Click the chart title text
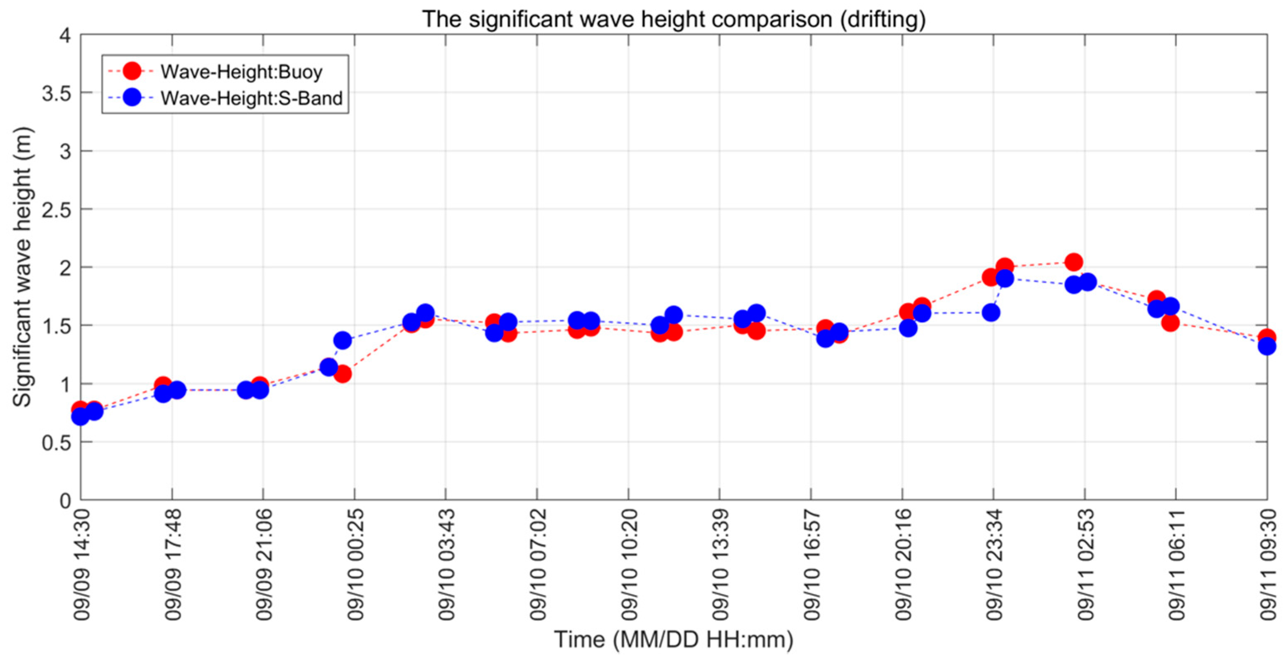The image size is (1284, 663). pos(674,19)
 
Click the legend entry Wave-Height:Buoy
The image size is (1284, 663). pos(241,72)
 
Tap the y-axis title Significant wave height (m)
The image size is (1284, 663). pos(23,267)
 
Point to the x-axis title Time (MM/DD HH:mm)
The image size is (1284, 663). pos(674,639)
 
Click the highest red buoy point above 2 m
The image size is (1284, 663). pos(1073,262)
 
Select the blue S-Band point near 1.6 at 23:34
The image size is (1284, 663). pos(991,313)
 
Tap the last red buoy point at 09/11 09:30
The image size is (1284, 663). pos(1267,338)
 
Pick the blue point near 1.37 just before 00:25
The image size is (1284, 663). pos(343,340)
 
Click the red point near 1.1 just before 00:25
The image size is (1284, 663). pos(342,373)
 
